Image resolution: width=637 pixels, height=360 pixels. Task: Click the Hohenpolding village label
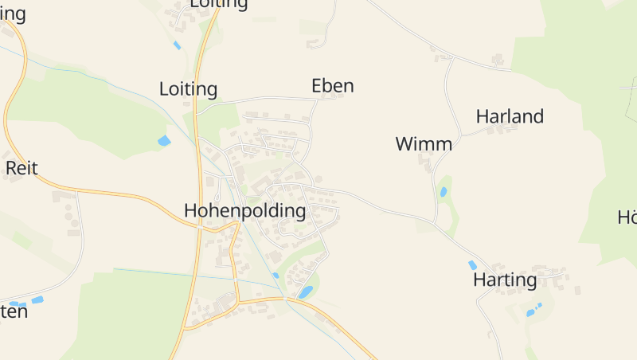(x=244, y=211)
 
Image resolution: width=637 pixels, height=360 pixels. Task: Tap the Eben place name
(x=332, y=86)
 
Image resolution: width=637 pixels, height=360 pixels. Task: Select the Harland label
(x=510, y=116)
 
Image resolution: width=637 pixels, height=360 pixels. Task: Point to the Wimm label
(x=424, y=144)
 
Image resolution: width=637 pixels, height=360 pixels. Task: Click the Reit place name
(x=21, y=168)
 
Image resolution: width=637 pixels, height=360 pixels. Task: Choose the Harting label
(x=505, y=280)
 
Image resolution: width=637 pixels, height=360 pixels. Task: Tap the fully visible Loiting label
(x=188, y=88)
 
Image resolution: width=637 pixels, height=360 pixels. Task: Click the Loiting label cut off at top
(x=218, y=4)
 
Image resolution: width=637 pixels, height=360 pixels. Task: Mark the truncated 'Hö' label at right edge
(x=627, y=217)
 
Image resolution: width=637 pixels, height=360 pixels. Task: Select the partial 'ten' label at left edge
(x=14, y=311)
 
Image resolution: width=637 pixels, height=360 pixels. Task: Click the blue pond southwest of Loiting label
(x=164, y=141)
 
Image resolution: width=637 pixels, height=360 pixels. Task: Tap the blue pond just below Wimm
(x=444, y=191)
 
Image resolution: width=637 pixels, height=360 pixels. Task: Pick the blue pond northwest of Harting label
(x=472, y=265)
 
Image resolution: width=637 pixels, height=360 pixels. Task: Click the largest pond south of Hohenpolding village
(x=305, y=292)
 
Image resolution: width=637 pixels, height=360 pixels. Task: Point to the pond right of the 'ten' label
(x=37, y=300)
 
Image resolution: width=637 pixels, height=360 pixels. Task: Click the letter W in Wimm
(x=404, y=144)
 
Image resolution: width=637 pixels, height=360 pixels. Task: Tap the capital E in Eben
(x=317, y=86)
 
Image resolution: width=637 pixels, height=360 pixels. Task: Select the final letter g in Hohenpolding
(x=299, y=213)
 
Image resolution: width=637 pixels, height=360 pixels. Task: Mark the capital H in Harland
(x=483, y=116)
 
